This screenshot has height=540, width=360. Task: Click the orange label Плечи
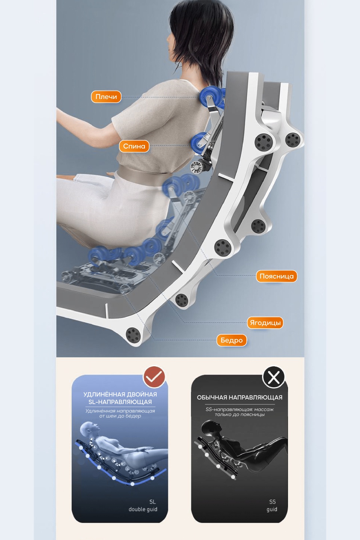coord(106,97)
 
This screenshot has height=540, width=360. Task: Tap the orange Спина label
coord(134,146)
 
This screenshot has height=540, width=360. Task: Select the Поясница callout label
coord(277,276)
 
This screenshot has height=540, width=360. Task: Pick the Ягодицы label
coord(265,323)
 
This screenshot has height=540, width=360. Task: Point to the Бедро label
coord(231,340)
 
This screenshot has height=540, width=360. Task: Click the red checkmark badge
coord(154,377)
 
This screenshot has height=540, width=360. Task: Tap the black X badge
coord(274,377)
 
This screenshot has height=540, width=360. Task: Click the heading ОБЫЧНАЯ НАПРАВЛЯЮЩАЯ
coord(240,398)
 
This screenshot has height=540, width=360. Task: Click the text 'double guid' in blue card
coord(143,509)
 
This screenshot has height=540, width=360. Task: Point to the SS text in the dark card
coord(272,502)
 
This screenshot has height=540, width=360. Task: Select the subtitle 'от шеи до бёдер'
coord(120,416)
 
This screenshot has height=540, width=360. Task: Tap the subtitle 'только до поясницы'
coord(240,414)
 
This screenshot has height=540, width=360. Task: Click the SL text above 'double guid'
coord(153,502)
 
